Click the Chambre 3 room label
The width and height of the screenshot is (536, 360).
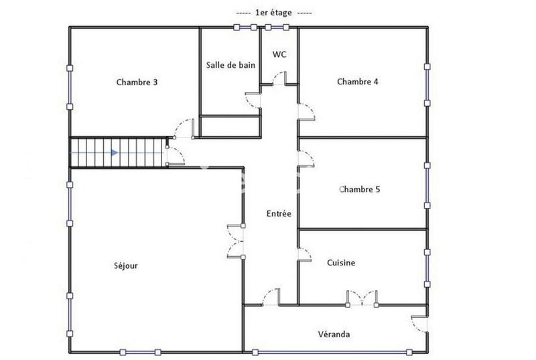(x=137, y=82)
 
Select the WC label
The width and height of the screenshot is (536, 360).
(x=279, y=54)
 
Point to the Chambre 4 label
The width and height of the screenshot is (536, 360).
(x=358, y=82)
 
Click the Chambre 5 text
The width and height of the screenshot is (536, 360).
(x=360, y=189)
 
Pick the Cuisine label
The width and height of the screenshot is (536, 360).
(x=341, y=263)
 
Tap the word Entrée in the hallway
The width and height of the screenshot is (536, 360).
(x=279, y=214)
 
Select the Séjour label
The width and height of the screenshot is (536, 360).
(x=125, y=265)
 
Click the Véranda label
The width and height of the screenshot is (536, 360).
(x=334, y=334)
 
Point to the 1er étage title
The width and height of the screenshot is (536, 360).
(x=275, y=13)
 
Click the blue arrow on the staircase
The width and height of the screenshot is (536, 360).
(x=114, y=153)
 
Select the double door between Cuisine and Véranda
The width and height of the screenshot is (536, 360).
(x=362, y=297)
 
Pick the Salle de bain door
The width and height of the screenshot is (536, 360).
(x=253, y=101)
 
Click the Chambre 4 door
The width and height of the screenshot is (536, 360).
(x=306, y=111)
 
